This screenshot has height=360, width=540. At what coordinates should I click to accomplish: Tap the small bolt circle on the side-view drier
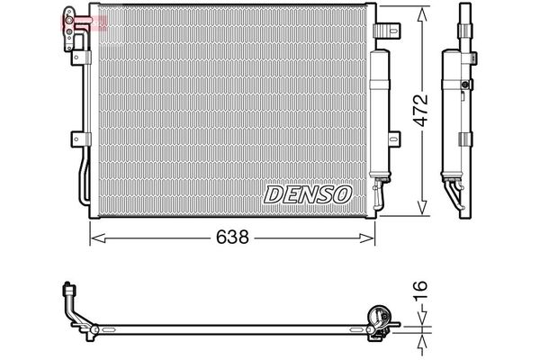465,87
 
